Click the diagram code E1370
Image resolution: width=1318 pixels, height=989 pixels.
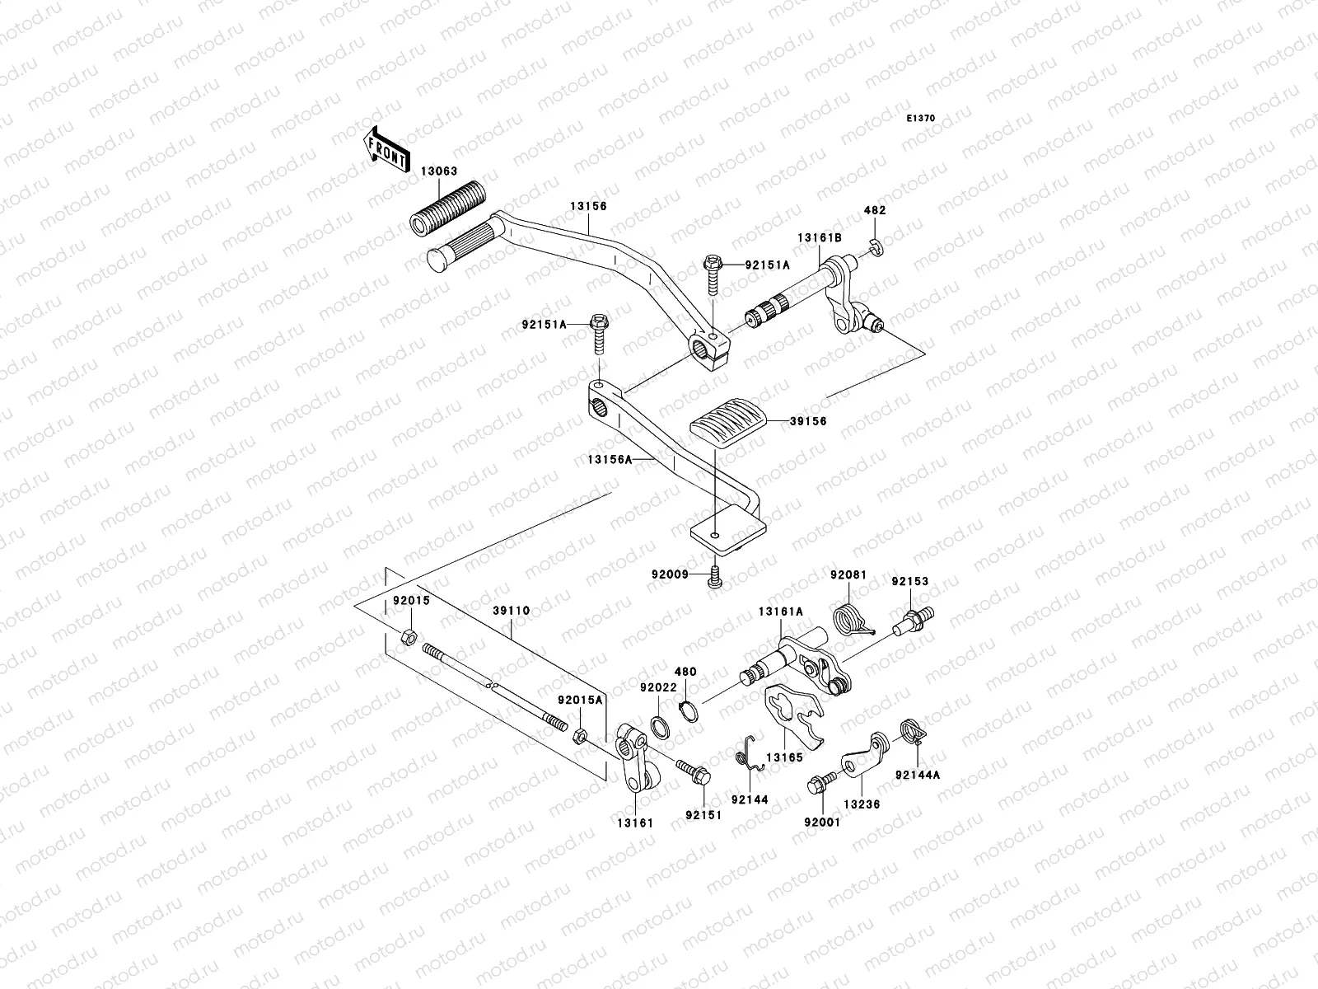point(921,119)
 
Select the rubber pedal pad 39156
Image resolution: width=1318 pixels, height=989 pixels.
point(726,425)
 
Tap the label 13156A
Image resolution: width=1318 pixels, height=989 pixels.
point(611,461)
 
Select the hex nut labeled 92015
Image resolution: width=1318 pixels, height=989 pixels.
point(405,636)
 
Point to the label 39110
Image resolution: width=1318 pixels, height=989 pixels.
point(511,611)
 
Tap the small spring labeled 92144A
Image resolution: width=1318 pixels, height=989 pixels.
point(909,729)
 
